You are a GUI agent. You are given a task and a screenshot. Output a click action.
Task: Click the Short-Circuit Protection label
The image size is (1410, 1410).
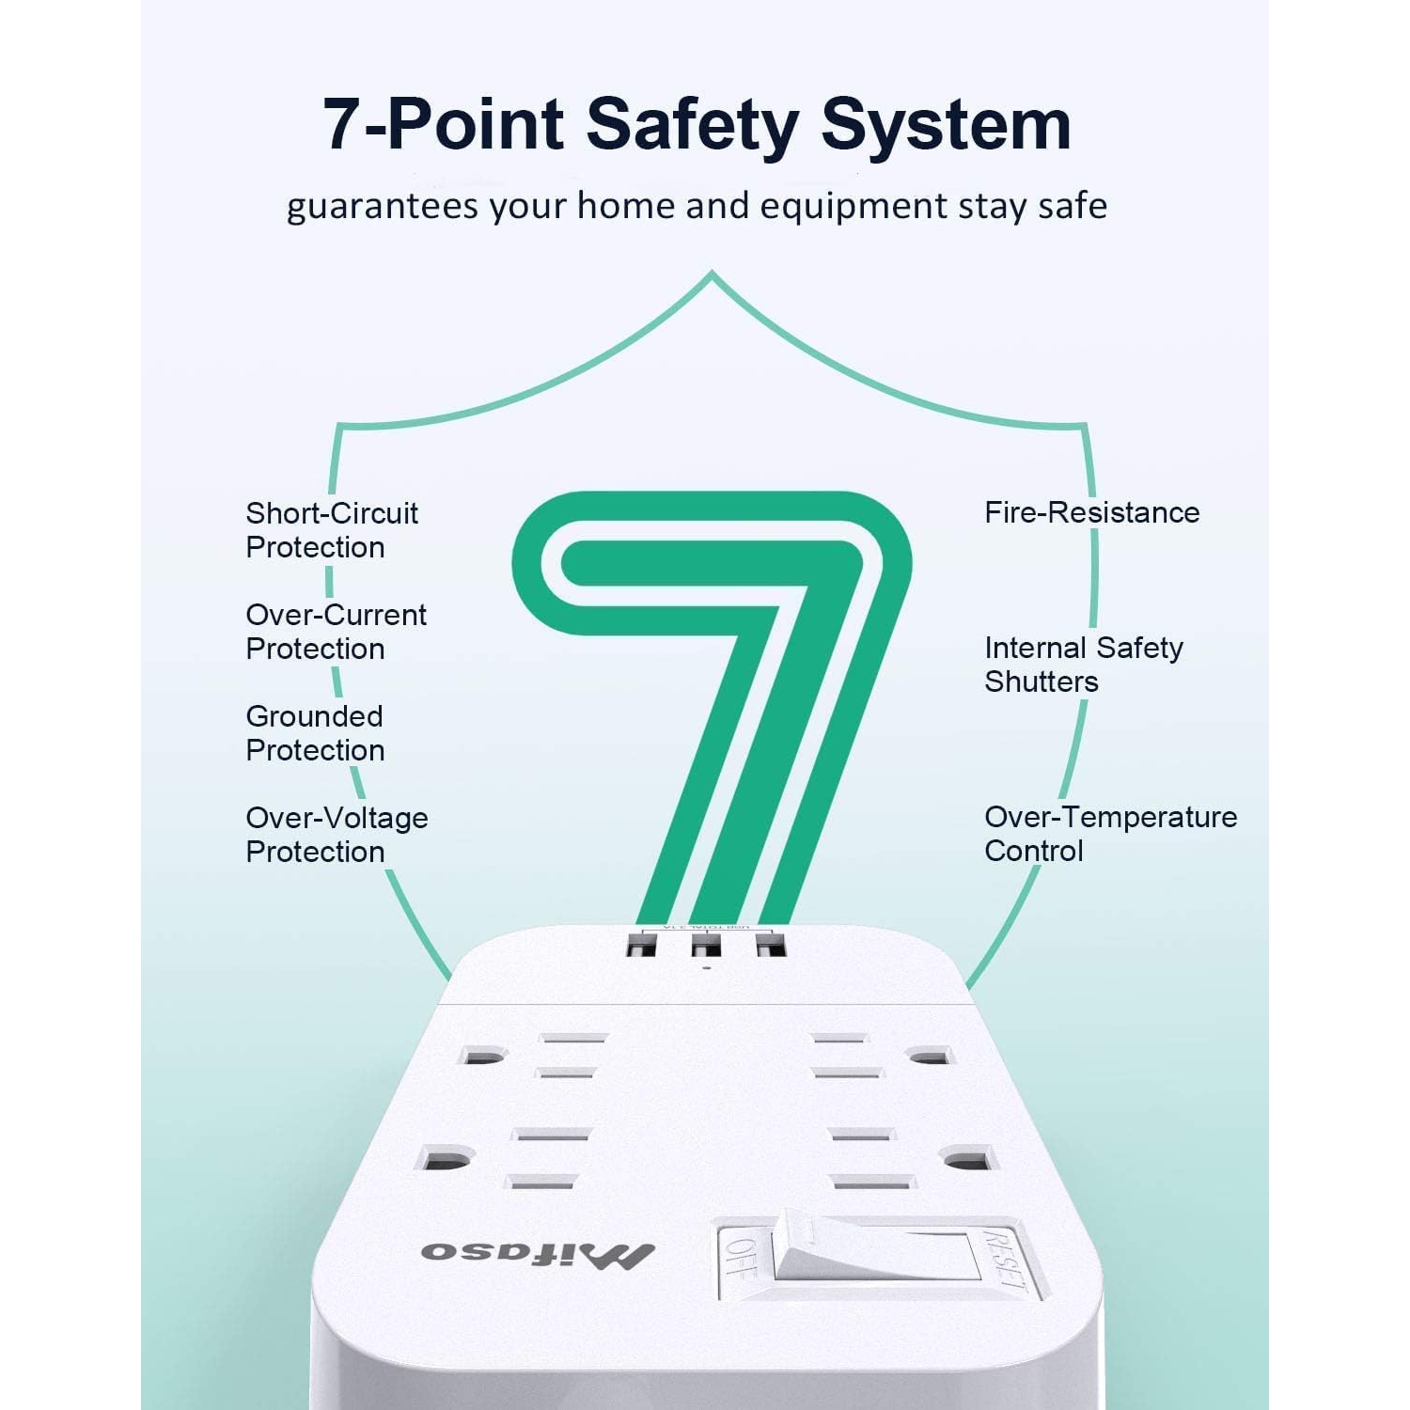331,530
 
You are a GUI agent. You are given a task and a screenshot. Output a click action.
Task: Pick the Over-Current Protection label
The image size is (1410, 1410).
336,632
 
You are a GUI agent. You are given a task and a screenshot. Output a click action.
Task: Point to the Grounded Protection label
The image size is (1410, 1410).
315,733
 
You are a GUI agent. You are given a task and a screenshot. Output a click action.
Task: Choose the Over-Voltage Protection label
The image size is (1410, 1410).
337,835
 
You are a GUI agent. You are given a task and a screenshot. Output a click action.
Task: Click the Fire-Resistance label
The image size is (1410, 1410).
1091,512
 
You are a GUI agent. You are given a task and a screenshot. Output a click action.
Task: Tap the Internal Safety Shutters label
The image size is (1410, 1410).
1083,664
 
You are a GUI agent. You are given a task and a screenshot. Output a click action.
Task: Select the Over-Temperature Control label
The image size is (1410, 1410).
1109,834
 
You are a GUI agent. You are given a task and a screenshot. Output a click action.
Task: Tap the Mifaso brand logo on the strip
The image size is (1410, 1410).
538,1253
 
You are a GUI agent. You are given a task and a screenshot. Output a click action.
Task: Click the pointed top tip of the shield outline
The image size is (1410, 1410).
712,274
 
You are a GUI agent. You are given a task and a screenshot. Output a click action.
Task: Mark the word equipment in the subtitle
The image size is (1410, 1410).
853,207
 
